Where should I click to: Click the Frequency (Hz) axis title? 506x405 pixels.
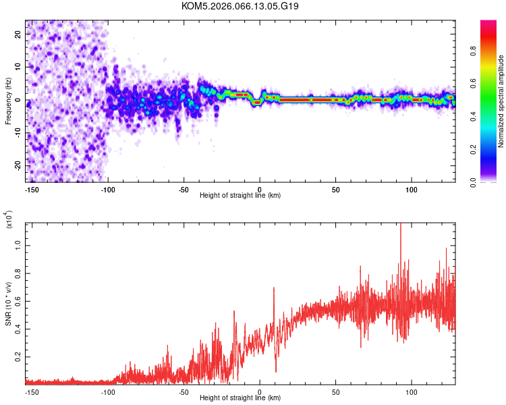(9, 101)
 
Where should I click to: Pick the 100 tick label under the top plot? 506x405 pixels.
(412, 189)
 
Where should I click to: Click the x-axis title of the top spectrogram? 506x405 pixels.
(240, 196)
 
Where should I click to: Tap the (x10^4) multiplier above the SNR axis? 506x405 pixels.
(9, 220)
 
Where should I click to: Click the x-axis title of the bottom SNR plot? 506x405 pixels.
(240, 398)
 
